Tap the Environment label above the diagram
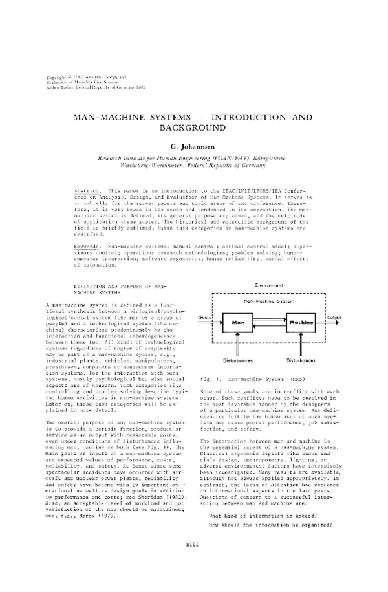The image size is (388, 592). pyautogui.click(x=270, y=285)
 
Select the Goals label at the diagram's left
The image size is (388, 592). pyautogui.click(x=206, y=317)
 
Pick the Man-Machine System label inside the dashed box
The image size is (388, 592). pyautogui.click(x=269, y=301)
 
